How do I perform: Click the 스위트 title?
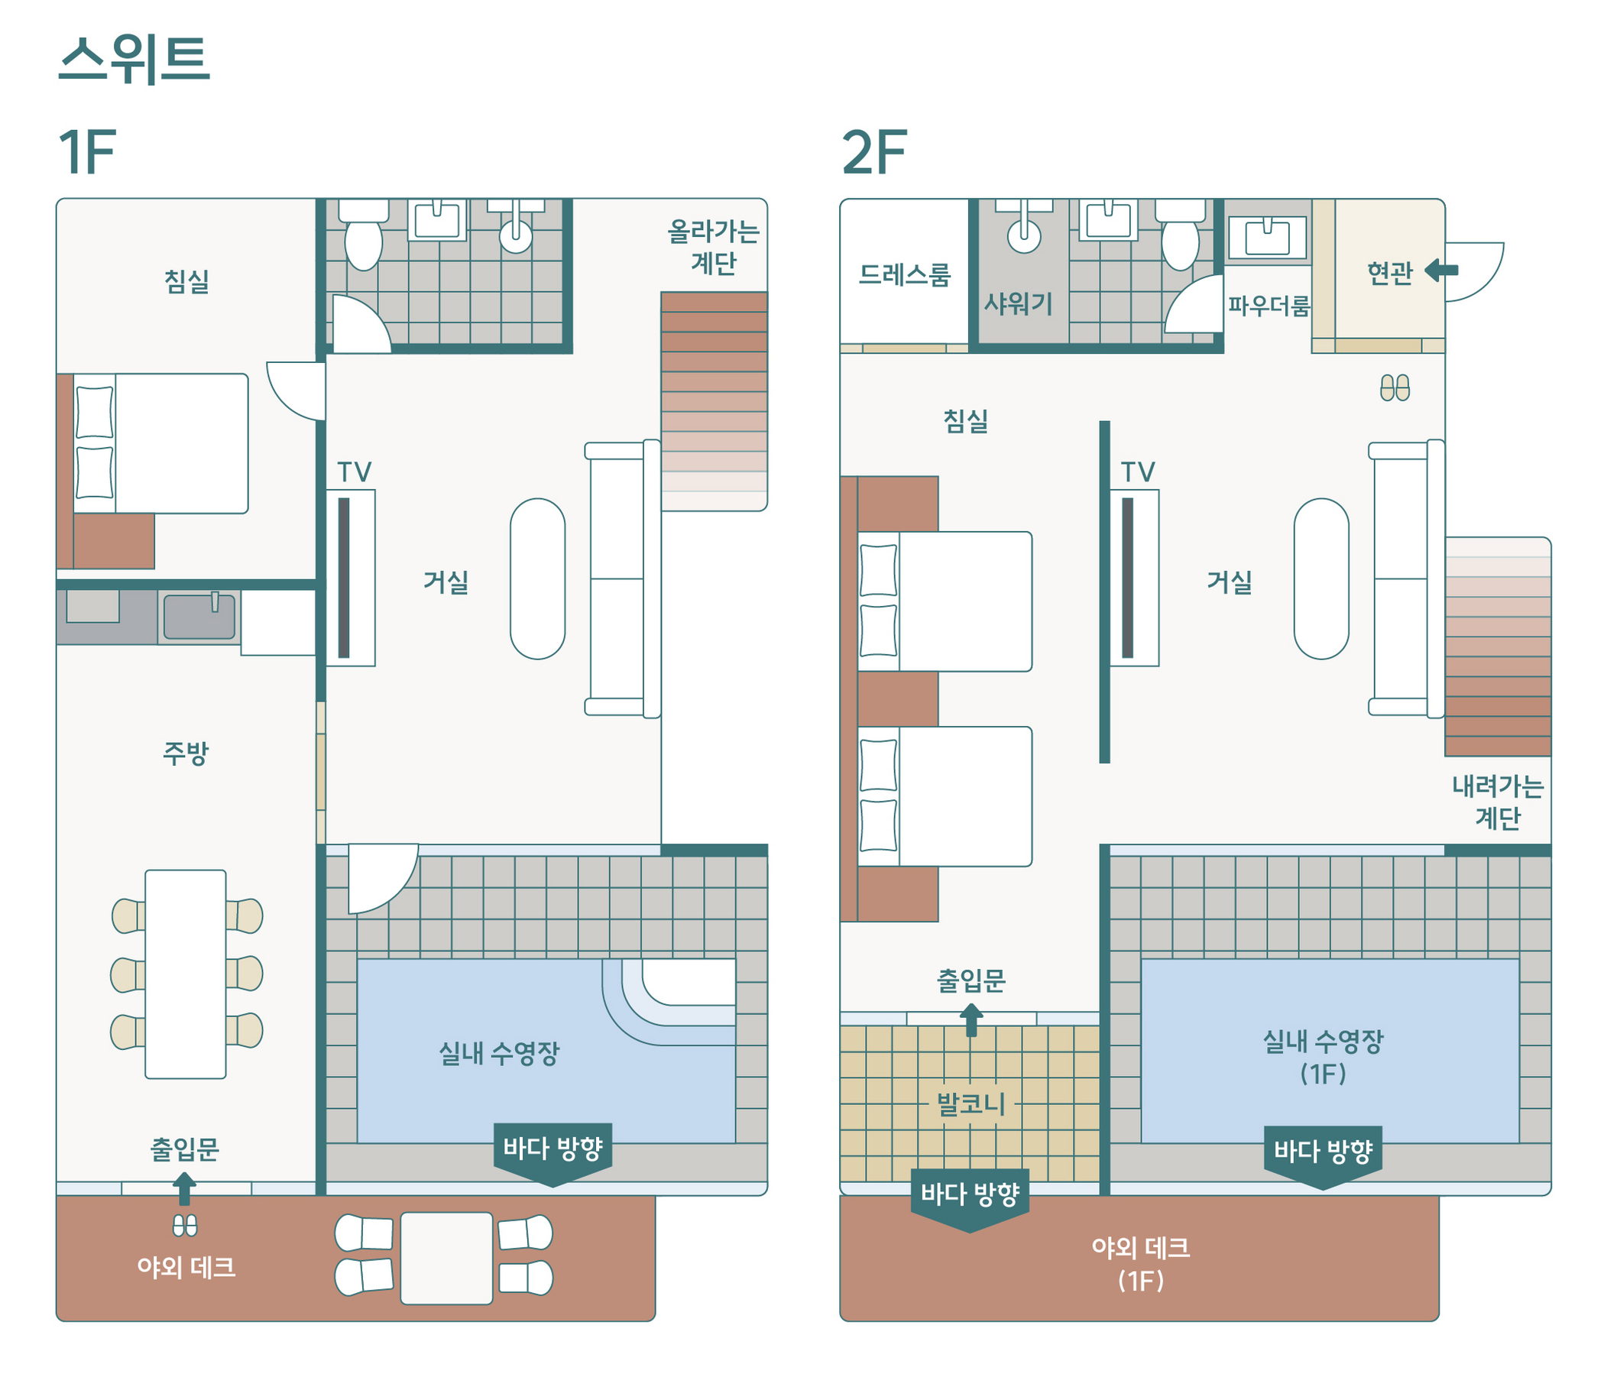(134, 60)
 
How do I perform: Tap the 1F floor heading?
(86, 153)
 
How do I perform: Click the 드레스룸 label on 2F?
(904, 275)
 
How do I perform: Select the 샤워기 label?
(1018, 303)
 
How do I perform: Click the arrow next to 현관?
(1440, 271)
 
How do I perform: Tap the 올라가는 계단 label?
(713, 247)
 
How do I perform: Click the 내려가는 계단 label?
(1497, 802)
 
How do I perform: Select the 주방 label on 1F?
(186, 753)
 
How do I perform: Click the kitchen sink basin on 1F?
(199, 617)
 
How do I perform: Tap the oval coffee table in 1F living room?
(537, 579)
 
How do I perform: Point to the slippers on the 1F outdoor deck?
(184, 1226)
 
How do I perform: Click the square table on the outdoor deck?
(446, 1258)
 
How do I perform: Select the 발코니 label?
(971, 1103)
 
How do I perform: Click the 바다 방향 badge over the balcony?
(970, 1196)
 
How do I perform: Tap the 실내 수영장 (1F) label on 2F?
(1322, 1057)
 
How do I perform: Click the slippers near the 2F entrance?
(1394, 387)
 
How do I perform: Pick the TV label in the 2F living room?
(1137, 472)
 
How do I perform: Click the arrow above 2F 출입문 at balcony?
(971, 1019)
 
